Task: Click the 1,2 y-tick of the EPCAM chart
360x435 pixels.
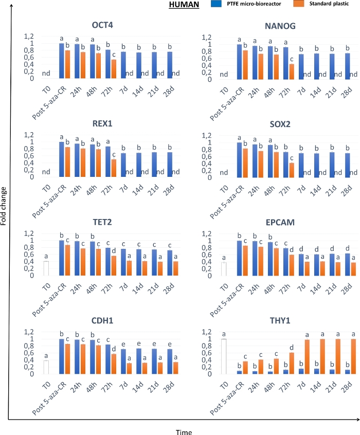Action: pyautogui.click(x=206, y=234)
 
